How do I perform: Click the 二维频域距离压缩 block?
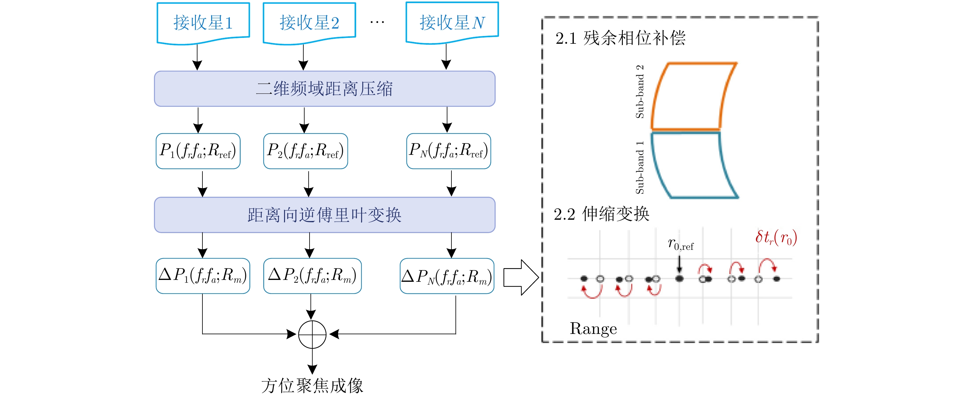[325, 88]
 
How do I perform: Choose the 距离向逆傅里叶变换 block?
[325, 215]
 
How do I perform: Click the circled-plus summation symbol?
[312, 335]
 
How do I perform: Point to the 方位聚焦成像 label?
[312, 386]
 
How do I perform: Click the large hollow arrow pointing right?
[521, 277]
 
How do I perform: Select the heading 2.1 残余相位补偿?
[620, 38]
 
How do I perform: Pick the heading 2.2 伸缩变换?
[601, 214]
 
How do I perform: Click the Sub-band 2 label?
[640, 92]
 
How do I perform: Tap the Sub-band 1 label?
[640, 168]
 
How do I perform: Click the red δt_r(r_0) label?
[776, 238]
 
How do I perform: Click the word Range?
[593, 329]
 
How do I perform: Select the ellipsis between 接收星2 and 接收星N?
[377, 22]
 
